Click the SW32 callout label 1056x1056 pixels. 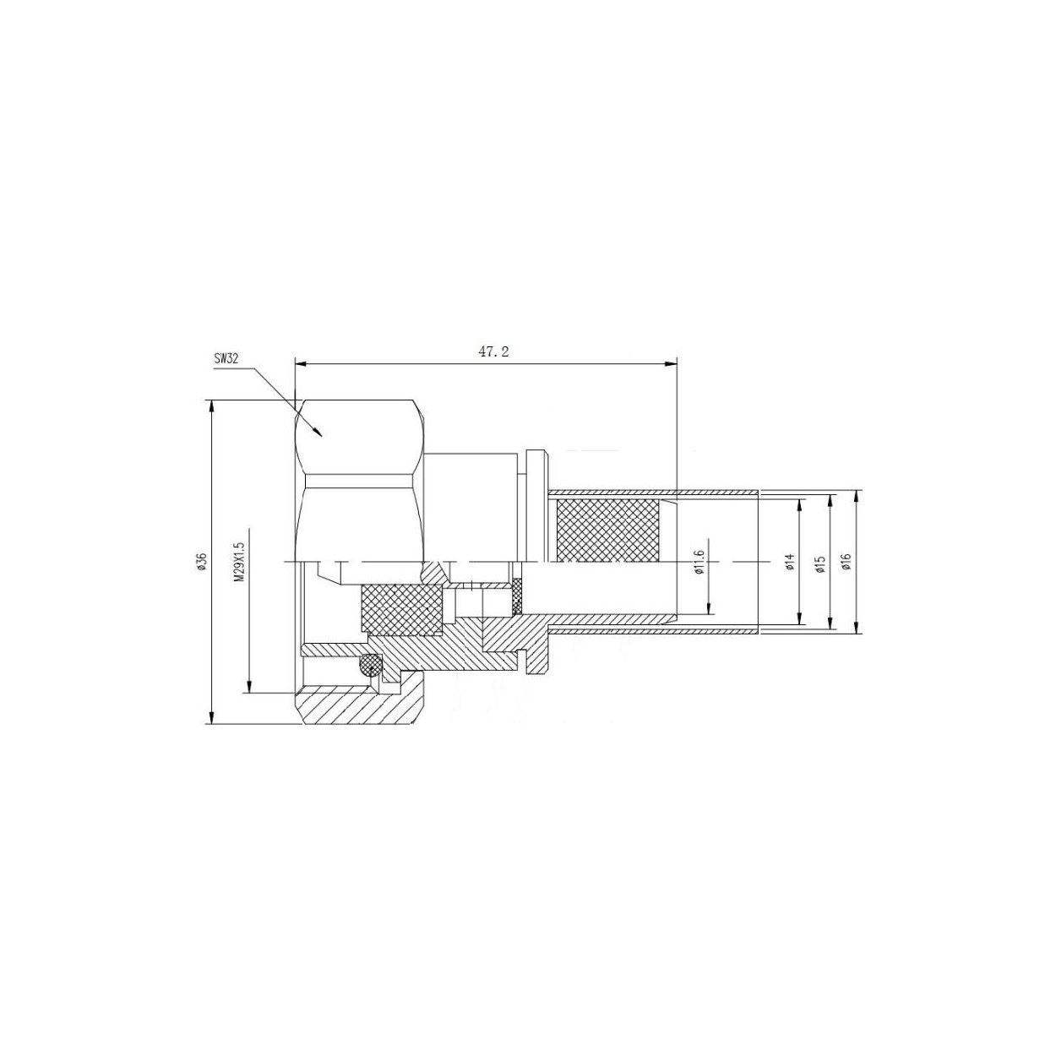[226, 359]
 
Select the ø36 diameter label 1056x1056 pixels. [201, 563]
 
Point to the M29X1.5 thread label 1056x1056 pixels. [238, 563]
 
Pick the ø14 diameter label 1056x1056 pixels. [789, 563]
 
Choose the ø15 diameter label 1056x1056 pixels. [820, 563]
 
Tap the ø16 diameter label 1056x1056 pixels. [846, 563]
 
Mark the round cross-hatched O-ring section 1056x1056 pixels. [371, 666]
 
